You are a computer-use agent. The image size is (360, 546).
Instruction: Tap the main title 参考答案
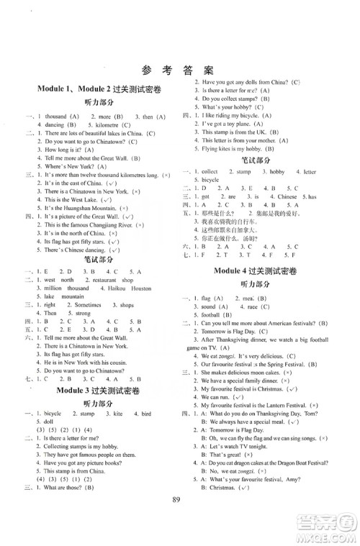[180, 70]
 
